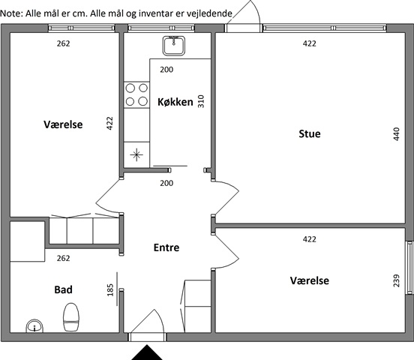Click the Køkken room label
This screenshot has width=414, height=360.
(x=175, y=102)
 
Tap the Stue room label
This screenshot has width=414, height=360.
(x=310, y=133)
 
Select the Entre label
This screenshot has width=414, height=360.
(x=166, y=247)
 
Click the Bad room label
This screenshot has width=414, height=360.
(x=63, y=289)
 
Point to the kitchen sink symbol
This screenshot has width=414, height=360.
(x=174, y=46)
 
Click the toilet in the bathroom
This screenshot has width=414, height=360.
(x=71, y=317)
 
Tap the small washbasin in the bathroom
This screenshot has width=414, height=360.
(x=34, y=326)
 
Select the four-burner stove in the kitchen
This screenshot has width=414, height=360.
(x=136, y=94)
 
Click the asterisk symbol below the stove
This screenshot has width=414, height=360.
(x=136, y=154)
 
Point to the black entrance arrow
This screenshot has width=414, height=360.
(x=147, y=352)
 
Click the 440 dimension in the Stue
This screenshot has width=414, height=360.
(x=396, y=134)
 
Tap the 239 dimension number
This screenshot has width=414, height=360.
(x=396, y=280)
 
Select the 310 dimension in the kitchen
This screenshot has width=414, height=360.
(x=201, y=101)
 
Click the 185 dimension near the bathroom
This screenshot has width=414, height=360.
(x=110, y=289)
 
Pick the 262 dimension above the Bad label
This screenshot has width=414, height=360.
(x=63, y=258)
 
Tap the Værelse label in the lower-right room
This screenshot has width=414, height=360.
(x=310, y=280)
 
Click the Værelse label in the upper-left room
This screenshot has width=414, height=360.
(x=63, y=124)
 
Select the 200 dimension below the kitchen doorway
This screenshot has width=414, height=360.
(x=166, y=183)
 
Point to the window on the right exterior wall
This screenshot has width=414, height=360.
(x=410, y=268)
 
